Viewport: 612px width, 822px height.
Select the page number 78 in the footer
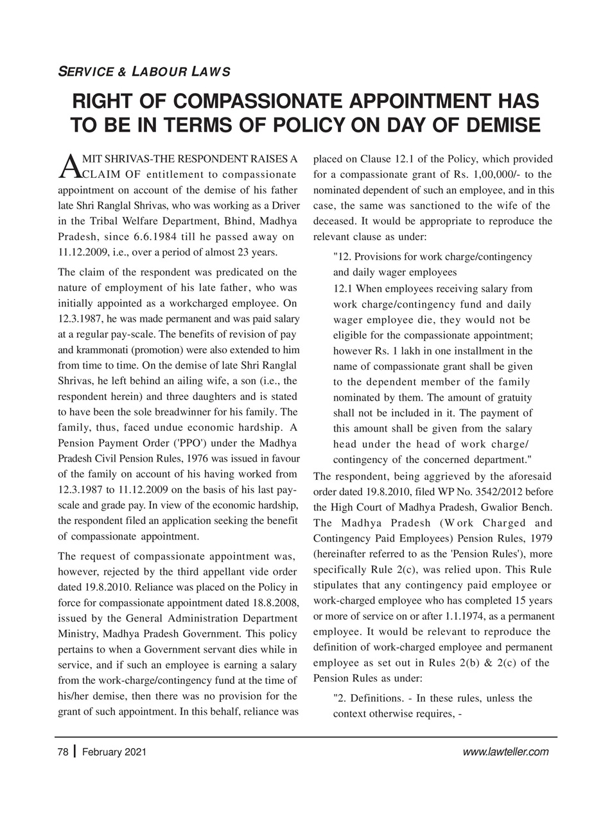pos(62,752)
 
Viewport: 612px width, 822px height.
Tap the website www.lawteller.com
pos(505,752)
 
